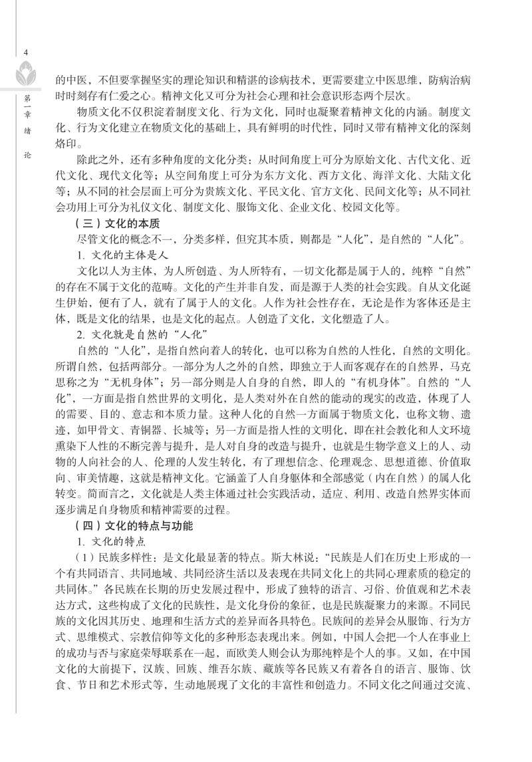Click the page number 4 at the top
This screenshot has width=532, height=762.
coord(25,53)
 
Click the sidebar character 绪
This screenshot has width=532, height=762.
coord(25,131)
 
